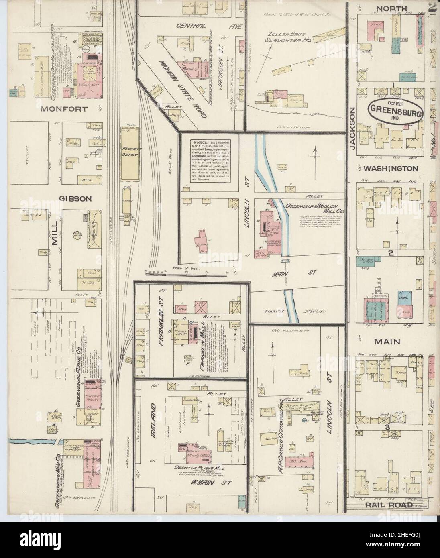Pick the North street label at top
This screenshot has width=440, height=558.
[x=392, y=8]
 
